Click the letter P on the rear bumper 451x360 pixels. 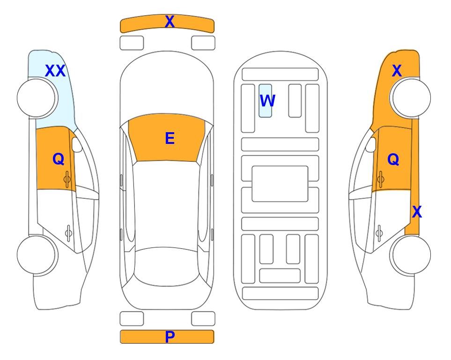(170, 337)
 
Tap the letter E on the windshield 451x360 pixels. (170, 138)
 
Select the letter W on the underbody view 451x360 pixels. (267, 101)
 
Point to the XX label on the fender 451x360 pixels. (55, 71)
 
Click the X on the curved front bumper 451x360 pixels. (170, 22)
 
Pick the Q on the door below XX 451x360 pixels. (59, 159)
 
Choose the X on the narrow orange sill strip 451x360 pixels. (417, 212)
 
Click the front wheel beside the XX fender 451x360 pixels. (36, 98)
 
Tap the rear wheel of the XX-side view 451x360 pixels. (36, 255)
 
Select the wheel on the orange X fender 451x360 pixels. (411, 98)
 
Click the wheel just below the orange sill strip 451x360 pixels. (411, 255)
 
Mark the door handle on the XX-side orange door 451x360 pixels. (67, 180)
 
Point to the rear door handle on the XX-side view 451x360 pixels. (68, 232)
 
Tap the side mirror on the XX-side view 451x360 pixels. (77, 144)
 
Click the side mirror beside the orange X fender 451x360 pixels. (371, 144)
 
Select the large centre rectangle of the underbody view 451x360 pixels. (280, 184)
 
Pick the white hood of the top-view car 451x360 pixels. (167, 86)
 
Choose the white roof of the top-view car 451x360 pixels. (166, 205)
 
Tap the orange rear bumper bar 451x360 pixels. (167, 337)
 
